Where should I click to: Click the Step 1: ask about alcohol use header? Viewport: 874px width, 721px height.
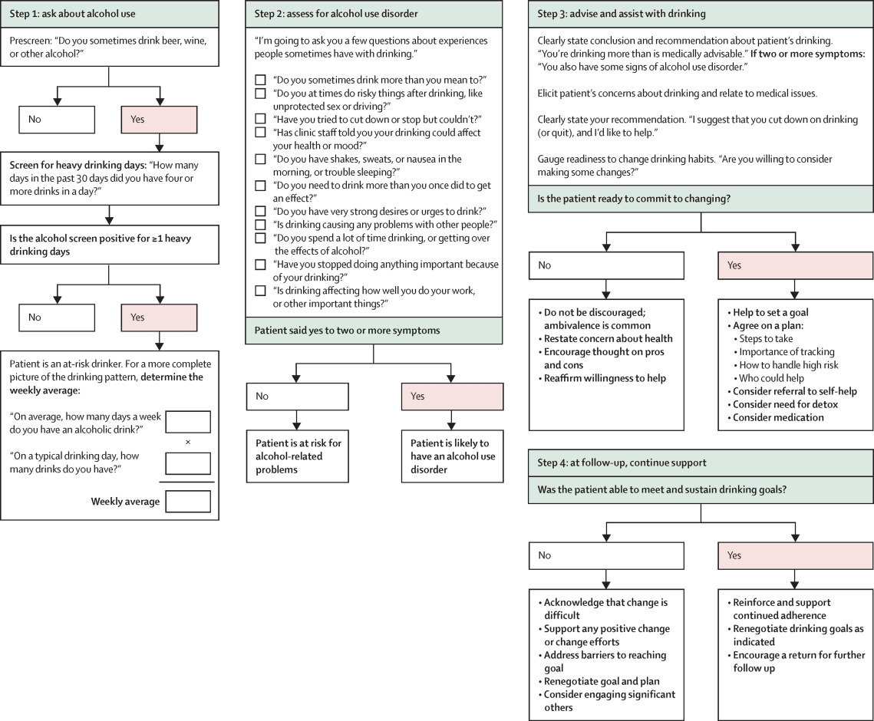[110, 14]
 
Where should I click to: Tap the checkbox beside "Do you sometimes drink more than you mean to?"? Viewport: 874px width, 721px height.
[260, 81]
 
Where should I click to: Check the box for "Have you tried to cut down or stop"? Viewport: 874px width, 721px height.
[260, 119]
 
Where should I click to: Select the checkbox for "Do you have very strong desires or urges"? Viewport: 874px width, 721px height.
[260, 212]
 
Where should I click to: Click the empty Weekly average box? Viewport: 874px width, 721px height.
[189, 502]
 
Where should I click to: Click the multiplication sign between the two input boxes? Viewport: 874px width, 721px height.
[188, 442]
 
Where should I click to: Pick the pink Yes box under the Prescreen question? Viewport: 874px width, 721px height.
[160, 120]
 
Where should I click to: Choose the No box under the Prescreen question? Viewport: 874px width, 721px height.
[57, 120]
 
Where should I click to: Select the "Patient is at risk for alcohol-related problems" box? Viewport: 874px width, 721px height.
[298, 456]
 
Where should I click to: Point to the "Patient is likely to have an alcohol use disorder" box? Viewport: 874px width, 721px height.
[452, 456]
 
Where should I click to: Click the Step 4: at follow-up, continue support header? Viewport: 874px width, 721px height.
[701, 463]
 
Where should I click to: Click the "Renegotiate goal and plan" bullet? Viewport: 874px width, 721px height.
[599, 681]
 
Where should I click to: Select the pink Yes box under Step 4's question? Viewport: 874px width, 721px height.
[796, 555]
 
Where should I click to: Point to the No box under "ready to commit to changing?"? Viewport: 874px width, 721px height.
[606, 266]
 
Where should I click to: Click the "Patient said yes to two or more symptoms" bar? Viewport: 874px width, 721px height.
[374, 331]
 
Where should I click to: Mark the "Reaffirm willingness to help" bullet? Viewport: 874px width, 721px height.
[602, 378]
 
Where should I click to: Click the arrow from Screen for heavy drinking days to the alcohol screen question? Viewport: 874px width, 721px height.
[109, 215]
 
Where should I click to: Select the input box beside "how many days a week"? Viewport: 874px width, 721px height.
[189, 423]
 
